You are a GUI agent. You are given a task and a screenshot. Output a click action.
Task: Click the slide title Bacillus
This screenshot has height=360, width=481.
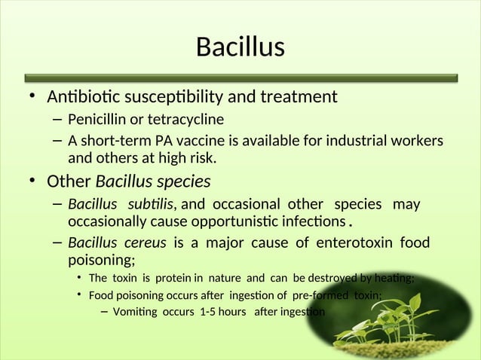click(240, 47)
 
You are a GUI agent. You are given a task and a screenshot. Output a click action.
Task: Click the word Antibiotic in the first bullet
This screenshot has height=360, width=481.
click(81, 97)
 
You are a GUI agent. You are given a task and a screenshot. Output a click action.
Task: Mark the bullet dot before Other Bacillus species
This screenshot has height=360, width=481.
click(32, 182)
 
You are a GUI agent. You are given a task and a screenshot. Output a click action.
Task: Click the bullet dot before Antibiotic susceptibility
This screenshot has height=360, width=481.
click(32, 97)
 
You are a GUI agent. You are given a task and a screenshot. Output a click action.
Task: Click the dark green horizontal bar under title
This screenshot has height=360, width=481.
click(240, 77)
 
